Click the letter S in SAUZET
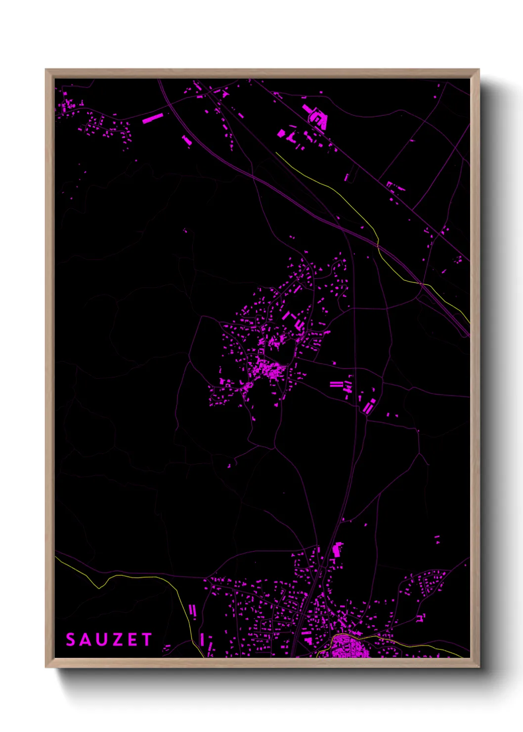pyautogui.click(x=71, y=640)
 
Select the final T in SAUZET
pyautogui.click(x=146, y=640)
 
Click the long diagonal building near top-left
pyautogui.click(x=153, y=118)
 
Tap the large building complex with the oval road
pyautogui.click(x=316, y=118)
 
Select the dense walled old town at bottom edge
pyautogui.click(x=349, y=647)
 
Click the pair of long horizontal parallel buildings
pyautogui.click(x=336, y=384)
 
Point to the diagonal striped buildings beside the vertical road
pyautogui.click(x=369, y=407)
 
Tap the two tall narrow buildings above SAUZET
pyautogui.click(x=192, y=610)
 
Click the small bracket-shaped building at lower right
pyautogui.click(x=421, y=617)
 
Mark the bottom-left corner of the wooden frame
pyautogui.click(x=46, y=667)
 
